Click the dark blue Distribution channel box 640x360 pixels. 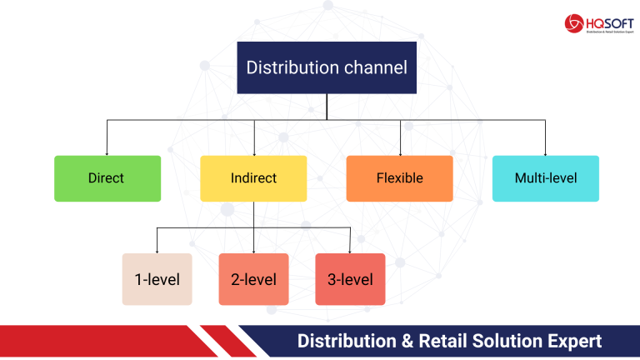tap(327, 67)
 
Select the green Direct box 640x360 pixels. tap(107, 178)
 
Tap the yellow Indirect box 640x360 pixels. tap(253, 178)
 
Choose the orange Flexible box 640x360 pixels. tap(399, 178)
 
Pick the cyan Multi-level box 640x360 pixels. tap(545, 178)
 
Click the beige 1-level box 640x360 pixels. tap(157, 279)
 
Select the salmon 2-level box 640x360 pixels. tap(253, 279)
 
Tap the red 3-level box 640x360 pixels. tap(350, 279)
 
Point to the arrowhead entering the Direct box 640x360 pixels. tap(107, 152)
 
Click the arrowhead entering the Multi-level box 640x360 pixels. tap(545, 152)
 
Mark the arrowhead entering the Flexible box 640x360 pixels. tap(400, 152)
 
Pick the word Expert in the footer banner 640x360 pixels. tap(572, 342)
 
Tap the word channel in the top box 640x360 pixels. tap(374, 67)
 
